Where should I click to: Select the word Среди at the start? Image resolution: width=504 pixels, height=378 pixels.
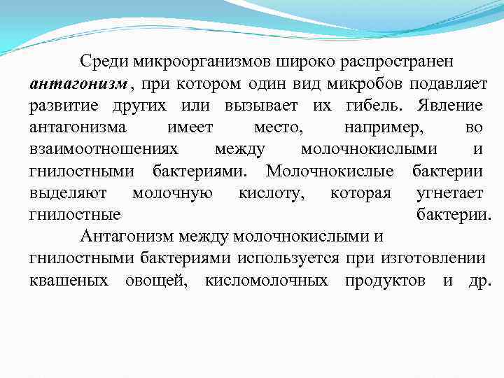pyautogui.click(x=103, y=62)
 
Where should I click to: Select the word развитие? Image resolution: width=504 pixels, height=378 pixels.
pyautogui.click(x=64, y=106)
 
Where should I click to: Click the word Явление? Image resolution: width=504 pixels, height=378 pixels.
pyautogui.click(x=449, y=106)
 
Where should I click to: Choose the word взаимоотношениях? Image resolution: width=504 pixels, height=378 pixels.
pyautogui.click(x=104, y=149)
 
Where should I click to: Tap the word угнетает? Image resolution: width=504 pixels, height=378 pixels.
pyautogui.click(x=449, y=192)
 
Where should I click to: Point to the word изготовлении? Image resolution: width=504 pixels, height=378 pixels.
pyautogui.click(x=433, y=258)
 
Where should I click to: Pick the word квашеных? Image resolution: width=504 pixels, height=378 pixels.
pyautogui.click(x=69, y=280)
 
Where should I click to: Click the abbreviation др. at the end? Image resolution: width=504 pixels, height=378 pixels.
pyautogui.click(x=480, y=280)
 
